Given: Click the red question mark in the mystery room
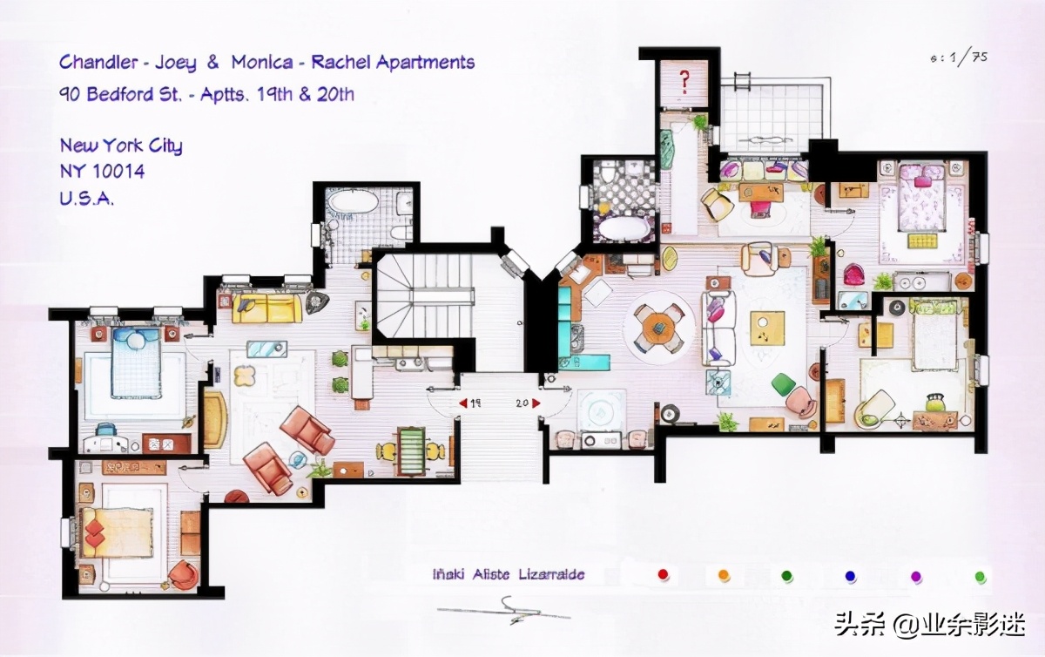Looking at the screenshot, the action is click(684, 82).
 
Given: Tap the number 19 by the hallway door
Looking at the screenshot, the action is click(475, 403).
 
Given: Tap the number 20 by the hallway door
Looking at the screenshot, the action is click(522, 403).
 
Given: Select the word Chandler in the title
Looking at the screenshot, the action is click(98, 62).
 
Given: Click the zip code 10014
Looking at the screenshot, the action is click(118, 172).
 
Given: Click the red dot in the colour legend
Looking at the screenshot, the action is click(663, 574).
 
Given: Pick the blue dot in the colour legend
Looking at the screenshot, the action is click(851, 576).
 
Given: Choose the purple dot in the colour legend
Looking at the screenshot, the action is click(916, 576).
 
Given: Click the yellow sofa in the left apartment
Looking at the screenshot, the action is click(266, 308).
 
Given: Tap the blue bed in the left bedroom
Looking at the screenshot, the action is click(136, 362).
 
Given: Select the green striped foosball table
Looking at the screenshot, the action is click(410, 451).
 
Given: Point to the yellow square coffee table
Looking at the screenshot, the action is click(767, 328).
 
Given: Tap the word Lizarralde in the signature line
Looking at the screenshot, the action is click(551, 574).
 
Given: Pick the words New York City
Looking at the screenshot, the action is click(121, 146).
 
